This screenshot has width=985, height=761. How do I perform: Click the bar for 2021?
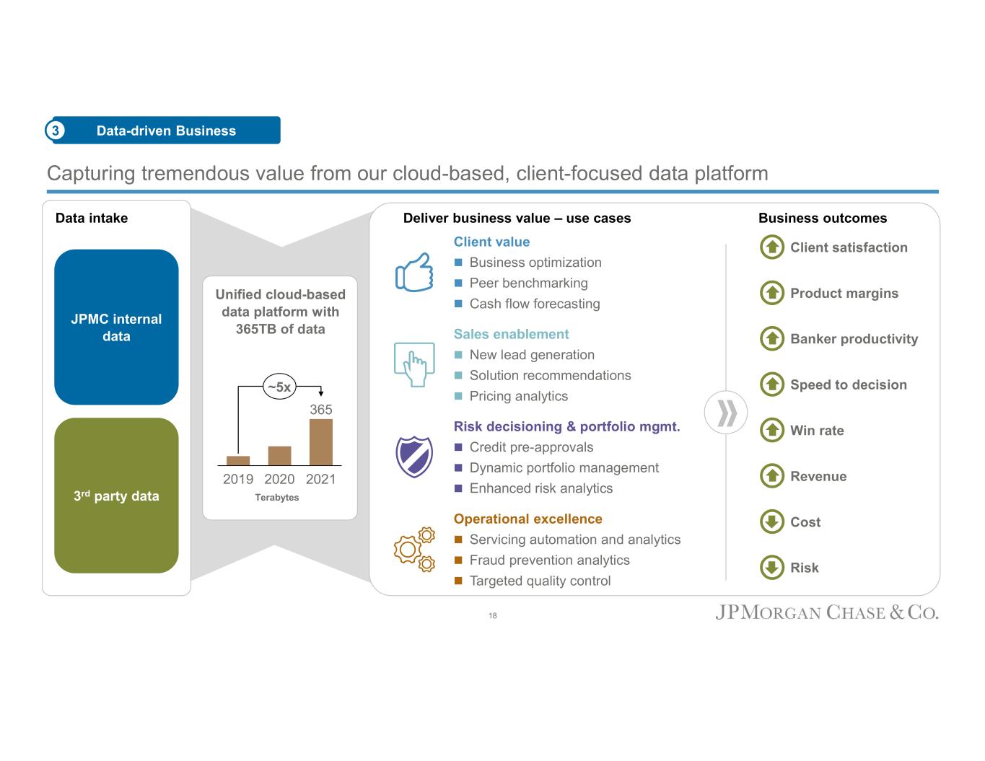tap(320, 442)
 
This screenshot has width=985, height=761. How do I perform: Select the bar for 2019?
tap(238, 461)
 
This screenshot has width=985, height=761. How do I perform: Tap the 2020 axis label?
tap(279, 480)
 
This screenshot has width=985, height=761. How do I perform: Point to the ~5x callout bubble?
tap(279, 387)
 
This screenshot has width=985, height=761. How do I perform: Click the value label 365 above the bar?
tap(321, 410)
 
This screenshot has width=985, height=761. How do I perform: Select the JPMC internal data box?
tap(116, 327)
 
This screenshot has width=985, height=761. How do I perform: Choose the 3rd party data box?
tap(116, 496)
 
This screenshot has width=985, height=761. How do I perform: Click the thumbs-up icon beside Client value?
tap(414, 273)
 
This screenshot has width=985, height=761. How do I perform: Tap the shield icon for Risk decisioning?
tap(414, 457)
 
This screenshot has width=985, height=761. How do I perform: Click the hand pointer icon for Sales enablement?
tap(414, 365)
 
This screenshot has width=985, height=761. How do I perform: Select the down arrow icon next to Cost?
tap(772, 522)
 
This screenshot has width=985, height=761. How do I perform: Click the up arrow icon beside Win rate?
tap(772, 431)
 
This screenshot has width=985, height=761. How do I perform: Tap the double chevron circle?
tap(726, 413)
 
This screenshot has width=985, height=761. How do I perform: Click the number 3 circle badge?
tap(56, 131)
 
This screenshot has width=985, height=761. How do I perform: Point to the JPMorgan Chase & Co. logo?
tap(827, 613)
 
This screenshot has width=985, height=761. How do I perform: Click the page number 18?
tap(493, 616)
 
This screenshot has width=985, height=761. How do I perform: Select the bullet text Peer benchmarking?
tap(528, 283)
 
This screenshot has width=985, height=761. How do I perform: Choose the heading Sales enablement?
tap(511, 334)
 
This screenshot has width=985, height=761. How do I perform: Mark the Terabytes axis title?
tap(277, 498)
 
